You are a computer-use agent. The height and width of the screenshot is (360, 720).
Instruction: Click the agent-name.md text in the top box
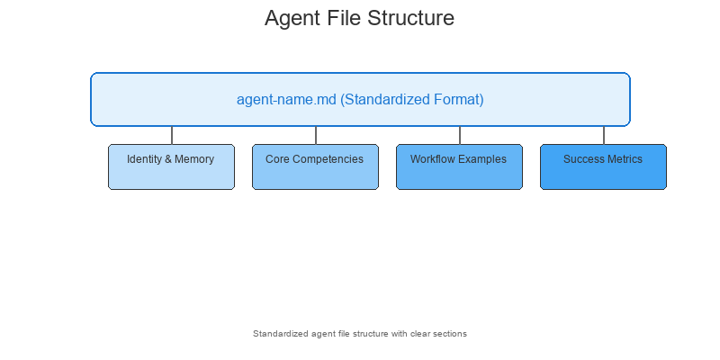click(286, 100)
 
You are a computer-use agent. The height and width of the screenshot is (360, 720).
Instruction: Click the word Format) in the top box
click(457, 100)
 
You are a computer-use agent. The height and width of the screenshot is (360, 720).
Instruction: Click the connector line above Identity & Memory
click(172, 135)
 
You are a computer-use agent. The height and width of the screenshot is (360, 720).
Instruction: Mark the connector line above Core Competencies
click(316, 135)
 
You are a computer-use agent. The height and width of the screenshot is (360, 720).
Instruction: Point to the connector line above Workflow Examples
click(460, 135)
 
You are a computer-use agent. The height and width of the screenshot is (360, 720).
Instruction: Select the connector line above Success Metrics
click(604, 135)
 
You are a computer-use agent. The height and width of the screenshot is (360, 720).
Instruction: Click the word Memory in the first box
click(195, 159)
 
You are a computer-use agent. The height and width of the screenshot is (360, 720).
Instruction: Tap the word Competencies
click(332, 159)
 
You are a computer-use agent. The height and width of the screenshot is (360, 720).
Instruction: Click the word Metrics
click(625, 159)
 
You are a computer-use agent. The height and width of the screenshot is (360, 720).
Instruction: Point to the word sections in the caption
click(450, 334)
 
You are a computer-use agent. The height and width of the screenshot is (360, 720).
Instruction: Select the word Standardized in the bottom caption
click(281, 334)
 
